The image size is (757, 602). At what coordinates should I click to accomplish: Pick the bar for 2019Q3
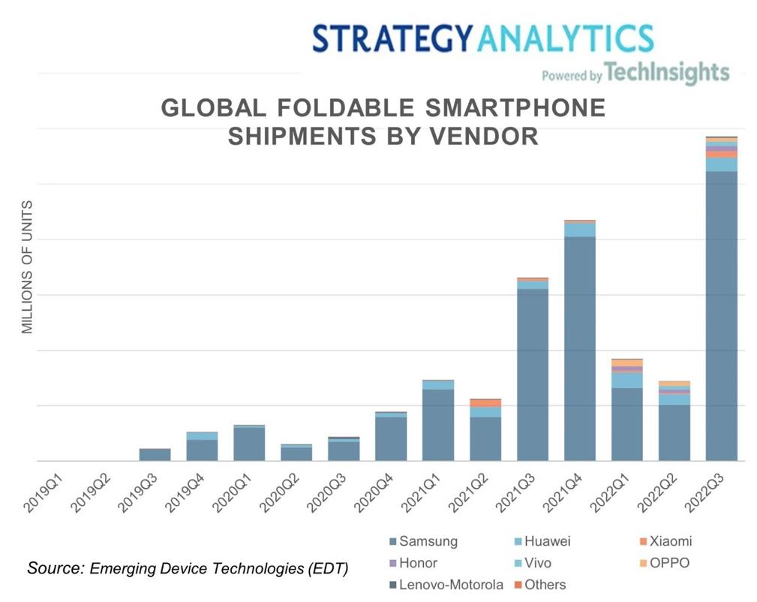coord(155,455)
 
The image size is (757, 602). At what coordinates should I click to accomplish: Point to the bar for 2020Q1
coord(249,444)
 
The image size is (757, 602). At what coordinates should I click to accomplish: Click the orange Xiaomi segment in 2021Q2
coord(485,403)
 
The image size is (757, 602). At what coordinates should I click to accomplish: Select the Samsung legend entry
coord(423,541)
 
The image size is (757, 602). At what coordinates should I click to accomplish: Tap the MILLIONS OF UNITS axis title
coord(28,267)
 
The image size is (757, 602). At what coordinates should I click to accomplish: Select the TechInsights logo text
coord(666,73)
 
